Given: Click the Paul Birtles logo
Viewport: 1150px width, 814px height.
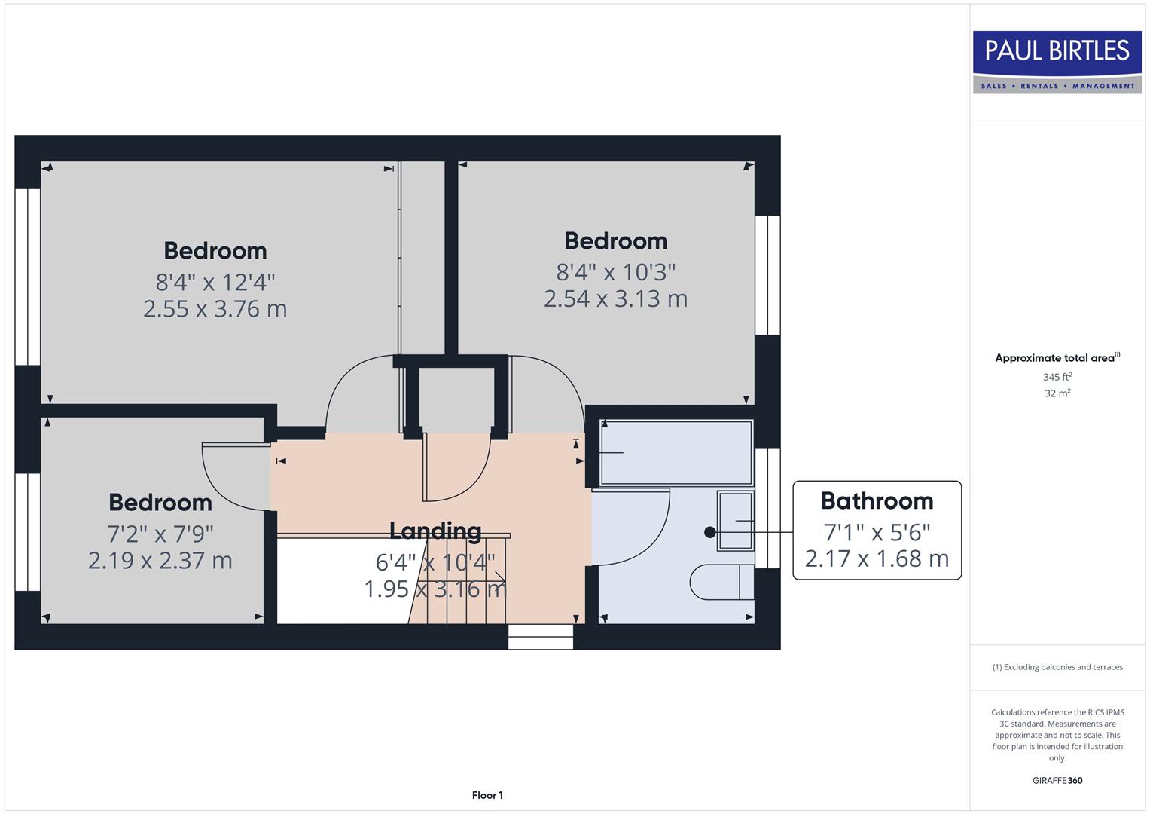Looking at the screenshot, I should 1057,62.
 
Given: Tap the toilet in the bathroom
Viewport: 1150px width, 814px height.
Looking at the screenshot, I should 721,581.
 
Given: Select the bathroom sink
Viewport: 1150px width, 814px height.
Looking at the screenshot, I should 735,520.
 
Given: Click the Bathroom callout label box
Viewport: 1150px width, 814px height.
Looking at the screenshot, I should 877,530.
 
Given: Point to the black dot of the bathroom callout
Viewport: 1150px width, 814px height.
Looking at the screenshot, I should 709,532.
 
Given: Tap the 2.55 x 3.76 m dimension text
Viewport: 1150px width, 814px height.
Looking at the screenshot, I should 215,309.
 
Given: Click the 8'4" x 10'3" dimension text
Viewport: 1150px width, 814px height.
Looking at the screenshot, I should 615,271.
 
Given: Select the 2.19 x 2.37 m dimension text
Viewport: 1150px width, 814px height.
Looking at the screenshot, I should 160,561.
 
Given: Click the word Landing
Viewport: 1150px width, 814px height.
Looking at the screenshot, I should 435,531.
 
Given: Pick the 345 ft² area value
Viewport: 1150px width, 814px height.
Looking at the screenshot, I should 1057,377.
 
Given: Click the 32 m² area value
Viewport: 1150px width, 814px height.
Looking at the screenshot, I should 1057,393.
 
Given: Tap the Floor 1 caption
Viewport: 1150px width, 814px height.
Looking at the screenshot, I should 487,795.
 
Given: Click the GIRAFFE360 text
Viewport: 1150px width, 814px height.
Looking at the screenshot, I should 1057,780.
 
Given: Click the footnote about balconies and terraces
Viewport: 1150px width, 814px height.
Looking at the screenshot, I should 1057,667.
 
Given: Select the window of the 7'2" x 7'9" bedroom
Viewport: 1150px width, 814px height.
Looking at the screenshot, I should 27,531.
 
